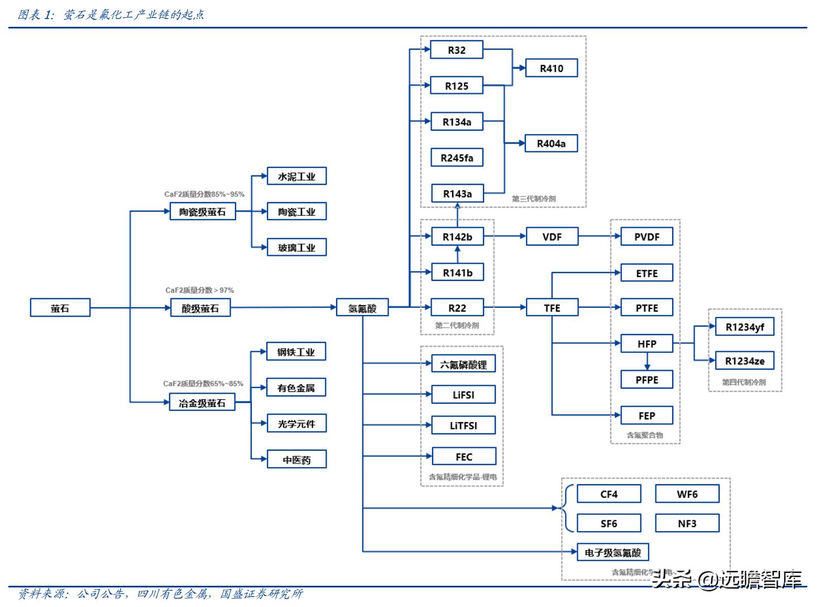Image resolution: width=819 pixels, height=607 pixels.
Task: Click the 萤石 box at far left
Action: [x=60, y=308]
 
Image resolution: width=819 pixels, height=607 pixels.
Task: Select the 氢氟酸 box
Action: [x=362, y=308]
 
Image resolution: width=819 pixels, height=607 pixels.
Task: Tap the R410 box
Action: [x=551, y=68]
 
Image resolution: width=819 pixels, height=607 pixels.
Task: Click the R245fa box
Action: [x=457, y=157]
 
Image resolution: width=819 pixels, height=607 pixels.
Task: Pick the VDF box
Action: [x=552, y=237]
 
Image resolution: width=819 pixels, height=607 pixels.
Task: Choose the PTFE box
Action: [x=646, y=308]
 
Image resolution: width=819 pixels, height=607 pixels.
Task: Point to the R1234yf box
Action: [x=744, y=327]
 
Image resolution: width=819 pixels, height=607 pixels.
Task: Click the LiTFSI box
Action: [x=463, y=426]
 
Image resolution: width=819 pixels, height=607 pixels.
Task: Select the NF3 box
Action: [x=687, y=523]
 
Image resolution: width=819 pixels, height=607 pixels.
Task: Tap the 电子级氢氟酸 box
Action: [x=612, y=552]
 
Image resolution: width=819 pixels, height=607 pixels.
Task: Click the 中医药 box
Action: [x=296, y=460]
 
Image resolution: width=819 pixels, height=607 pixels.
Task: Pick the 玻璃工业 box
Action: [x=296, y=247]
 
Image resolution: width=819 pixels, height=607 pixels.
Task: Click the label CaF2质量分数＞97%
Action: [x=199, y=290]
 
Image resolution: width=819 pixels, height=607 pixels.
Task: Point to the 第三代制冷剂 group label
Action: [x=534, y=199]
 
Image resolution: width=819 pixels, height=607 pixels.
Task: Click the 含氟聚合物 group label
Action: [x=645, y=435]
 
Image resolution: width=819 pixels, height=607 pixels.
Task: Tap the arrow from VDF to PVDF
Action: [x=600, y=237]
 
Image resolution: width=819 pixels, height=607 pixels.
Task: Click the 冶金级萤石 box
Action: [x=202, y=403]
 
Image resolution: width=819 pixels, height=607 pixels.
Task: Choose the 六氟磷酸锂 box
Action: [x=463, y=365]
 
